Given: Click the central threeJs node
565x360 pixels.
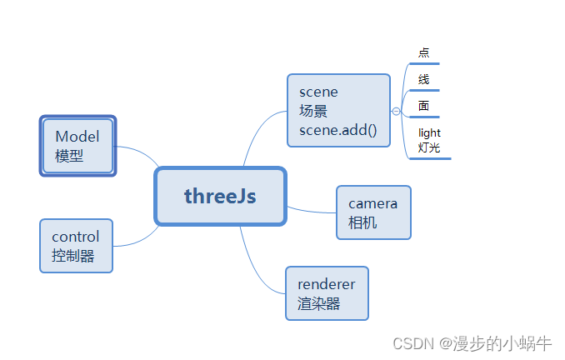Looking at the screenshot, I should [x=221, y=197].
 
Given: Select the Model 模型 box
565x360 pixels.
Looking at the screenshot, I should [x=77, y=146].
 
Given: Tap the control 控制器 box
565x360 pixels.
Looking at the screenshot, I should [x=76, y=246].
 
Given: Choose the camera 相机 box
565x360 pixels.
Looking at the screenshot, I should [x=373, y=212].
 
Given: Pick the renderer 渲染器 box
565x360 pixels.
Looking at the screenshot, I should [x=327, y=293].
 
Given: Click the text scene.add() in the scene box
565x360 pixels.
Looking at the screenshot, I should [x=338, y=130].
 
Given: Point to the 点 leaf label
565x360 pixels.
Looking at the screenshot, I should [x=424, y=52].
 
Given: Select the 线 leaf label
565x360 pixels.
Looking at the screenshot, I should [x=424, y=79].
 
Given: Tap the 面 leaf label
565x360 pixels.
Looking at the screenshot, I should [x=424, y=106].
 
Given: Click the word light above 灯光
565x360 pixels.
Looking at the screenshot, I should [x=429, y=132].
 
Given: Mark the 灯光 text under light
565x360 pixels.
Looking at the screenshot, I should [x=429, y=147].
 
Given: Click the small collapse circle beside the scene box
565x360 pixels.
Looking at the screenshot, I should [x=396, y=111].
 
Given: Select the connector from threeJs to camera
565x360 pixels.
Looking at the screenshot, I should [x=312, y=210].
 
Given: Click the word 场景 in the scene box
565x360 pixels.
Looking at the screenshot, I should [x=314, y=111].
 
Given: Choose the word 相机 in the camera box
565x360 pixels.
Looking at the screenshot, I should [x=362, y=222].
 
